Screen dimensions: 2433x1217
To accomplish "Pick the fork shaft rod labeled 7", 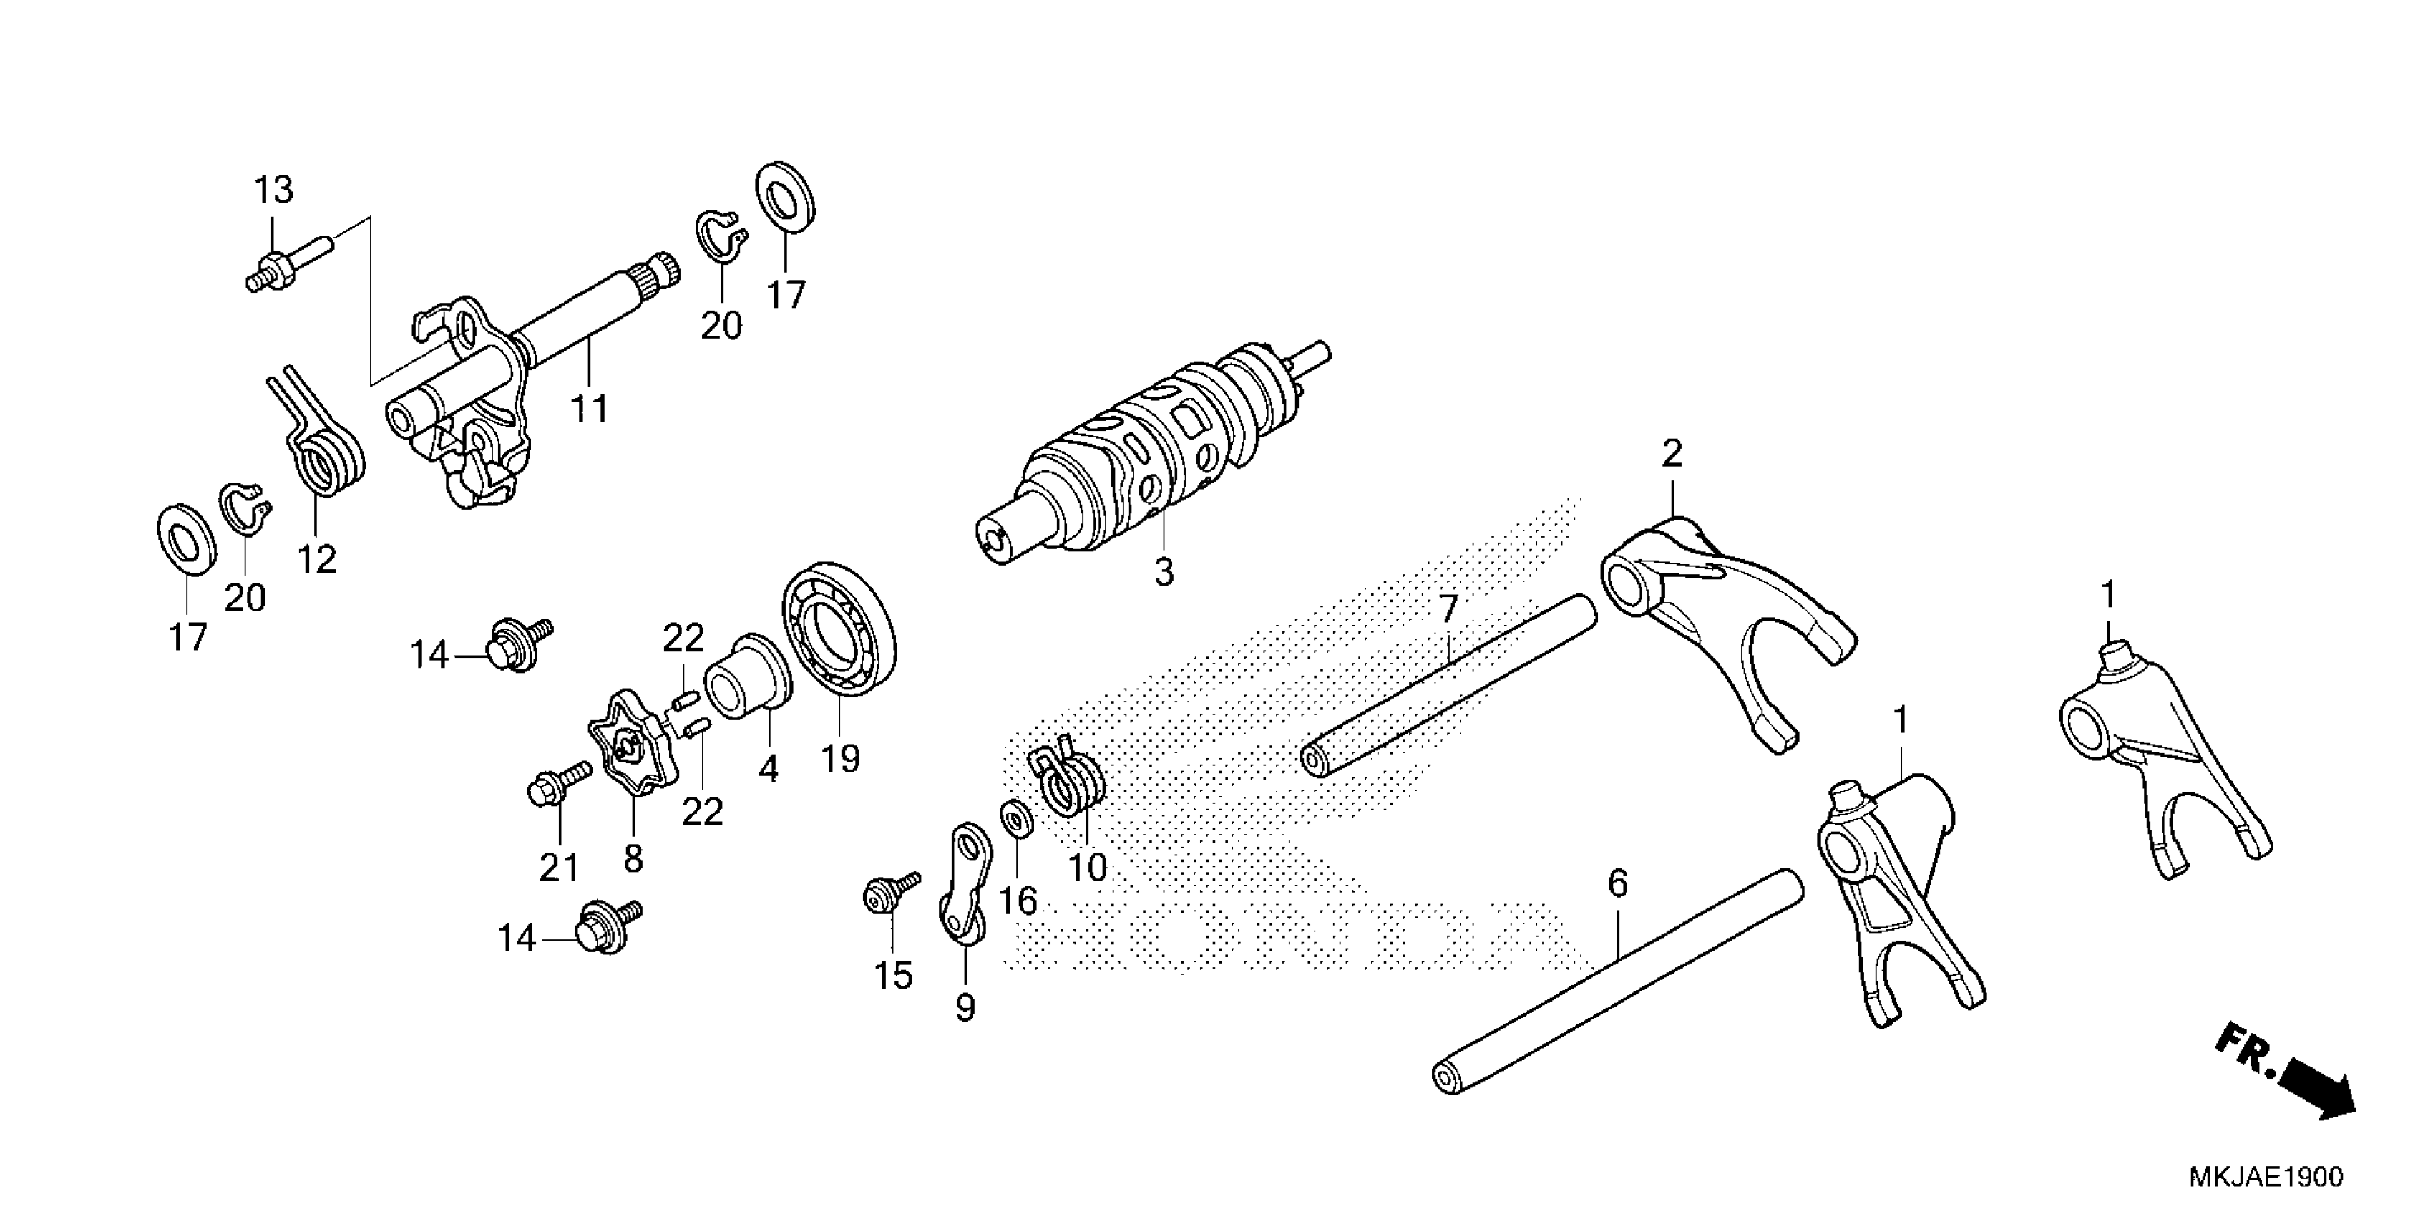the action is [1449, 685].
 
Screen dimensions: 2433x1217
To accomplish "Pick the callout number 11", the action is [590, 409].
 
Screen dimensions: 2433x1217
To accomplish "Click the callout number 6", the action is [1618, 884].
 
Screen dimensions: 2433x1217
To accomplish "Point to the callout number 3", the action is [1164, 573].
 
